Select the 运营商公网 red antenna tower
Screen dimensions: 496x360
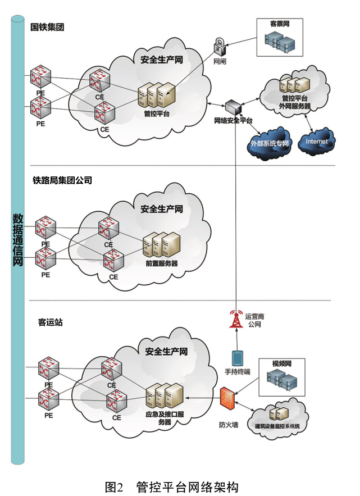click(235, 320)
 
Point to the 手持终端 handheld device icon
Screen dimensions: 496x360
click(237, 358)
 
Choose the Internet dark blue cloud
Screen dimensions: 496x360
click(316, 141)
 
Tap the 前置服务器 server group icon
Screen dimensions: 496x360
click(161, 244)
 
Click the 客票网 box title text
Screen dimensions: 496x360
click(280, 24)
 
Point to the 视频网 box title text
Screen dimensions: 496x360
click(281, 364)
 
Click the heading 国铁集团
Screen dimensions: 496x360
click(47, 26)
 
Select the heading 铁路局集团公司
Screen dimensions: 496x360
click(62, 180)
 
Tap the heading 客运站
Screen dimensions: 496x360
click(50, 322)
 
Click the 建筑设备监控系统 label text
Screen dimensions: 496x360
click(277, 426)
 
